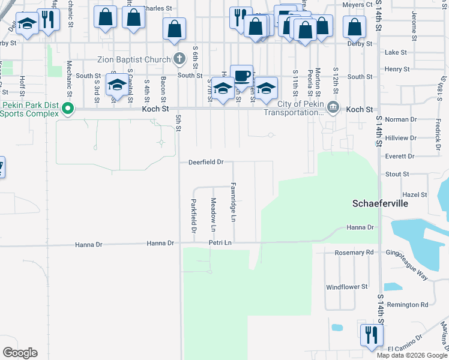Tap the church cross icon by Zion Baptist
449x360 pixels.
[x=178, y=59]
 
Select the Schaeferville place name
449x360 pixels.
[x=380, y=204]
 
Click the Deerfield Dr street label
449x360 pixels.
[x=206, y=162]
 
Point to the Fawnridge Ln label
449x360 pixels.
[x=234, y=202]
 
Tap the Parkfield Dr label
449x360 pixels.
[x=194, y=216]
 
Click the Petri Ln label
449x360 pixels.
[x=220, y=243]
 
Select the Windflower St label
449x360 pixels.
[x=347, y=287]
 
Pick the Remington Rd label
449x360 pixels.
[x=408, y=305]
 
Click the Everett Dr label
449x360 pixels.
[x=402, y=156]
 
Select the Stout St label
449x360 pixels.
[x=397, y=174]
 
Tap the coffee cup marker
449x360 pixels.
[x=241, y=76]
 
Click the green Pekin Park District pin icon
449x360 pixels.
[x=68, y=109]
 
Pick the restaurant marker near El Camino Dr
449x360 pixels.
[x=370, y=334]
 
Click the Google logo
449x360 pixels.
[x=20, y=353]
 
